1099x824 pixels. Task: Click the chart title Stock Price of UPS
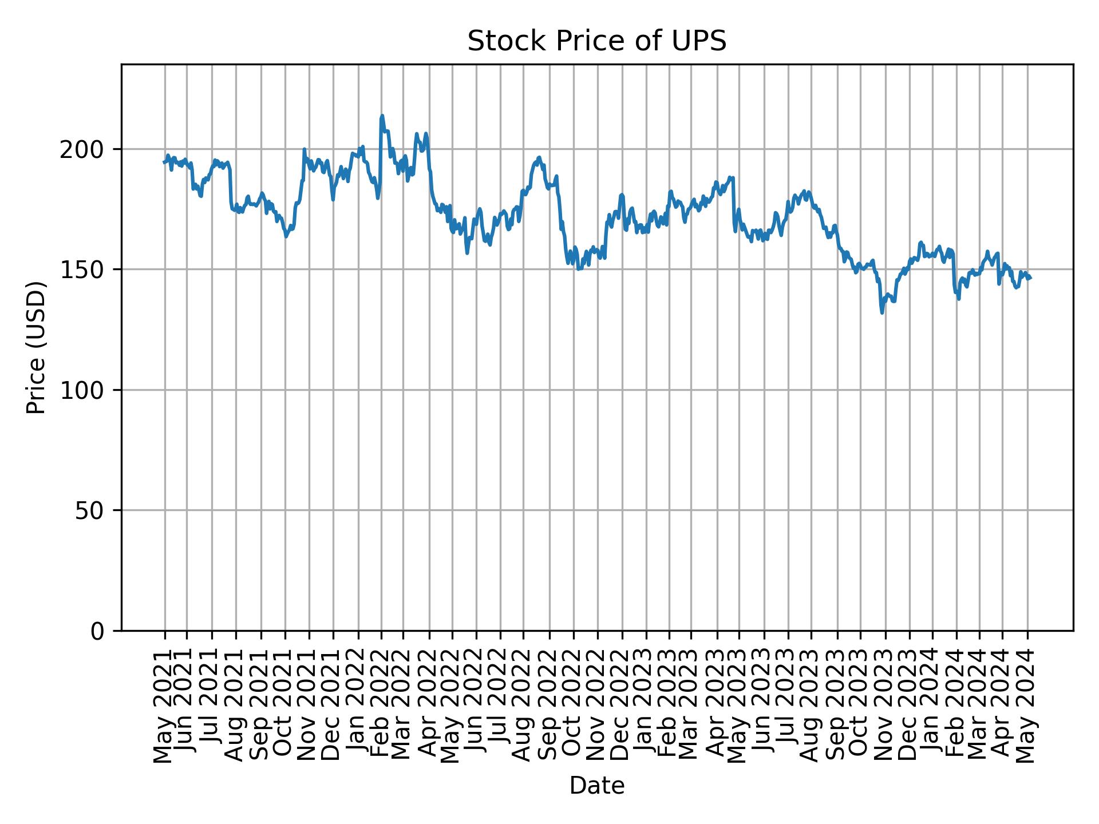[x=596, y=42]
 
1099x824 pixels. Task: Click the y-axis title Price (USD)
[x=36, y=347]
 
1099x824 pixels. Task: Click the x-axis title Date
[x=596, y=786]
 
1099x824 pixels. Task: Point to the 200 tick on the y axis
[x=86, y=150]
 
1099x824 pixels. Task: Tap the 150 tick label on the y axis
[x=86, y=270]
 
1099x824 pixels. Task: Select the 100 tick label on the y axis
[x=86, y=390]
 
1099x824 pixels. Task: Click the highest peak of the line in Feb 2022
[x=382, y=116]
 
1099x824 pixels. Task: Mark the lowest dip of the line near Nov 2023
[x=882, y=312]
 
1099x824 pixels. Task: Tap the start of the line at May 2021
[x=164, y=163]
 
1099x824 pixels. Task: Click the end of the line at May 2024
[x=1031, y=279]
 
